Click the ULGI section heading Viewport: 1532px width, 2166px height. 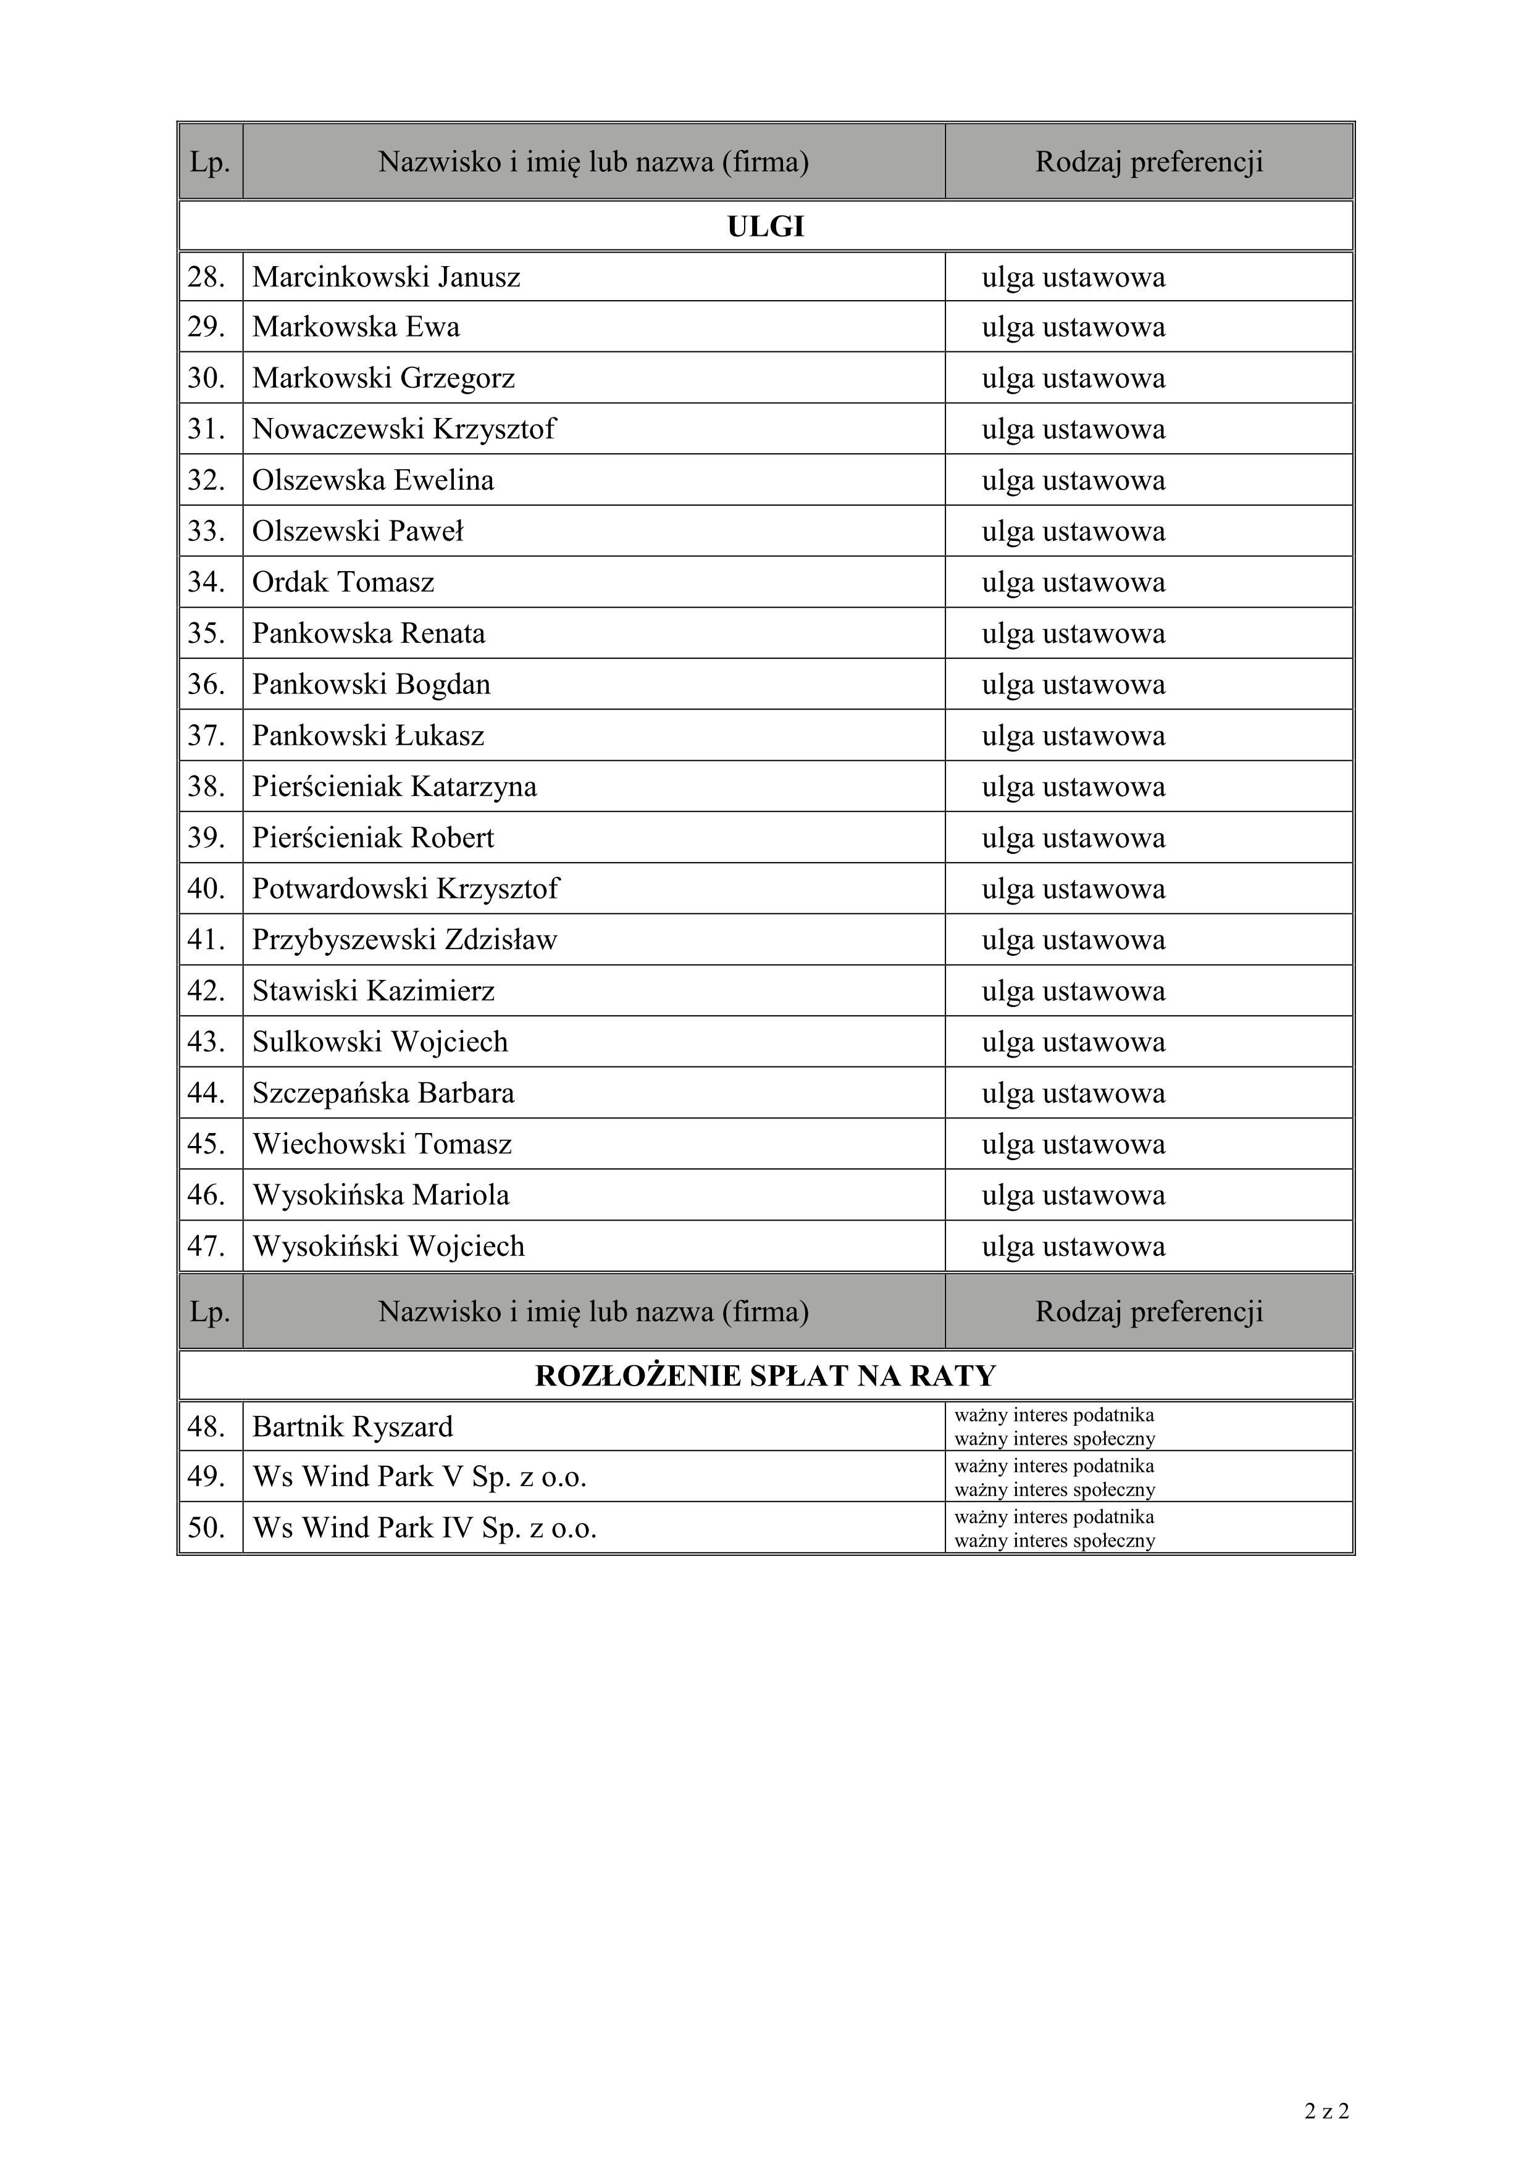pos(765,227)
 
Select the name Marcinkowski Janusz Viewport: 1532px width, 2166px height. pos(386,277)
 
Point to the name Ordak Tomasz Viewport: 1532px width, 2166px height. pos(343,582)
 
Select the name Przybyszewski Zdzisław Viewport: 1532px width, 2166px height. pos(404,940)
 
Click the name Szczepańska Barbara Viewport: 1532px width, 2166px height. pos(383,1093)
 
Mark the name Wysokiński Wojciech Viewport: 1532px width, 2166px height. pos(388,1246)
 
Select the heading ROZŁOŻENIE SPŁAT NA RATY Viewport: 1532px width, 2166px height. pos(765,1376)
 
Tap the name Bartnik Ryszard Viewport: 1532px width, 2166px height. pos(352,1426)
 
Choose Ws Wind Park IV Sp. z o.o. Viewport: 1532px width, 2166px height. pos(424,1528)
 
